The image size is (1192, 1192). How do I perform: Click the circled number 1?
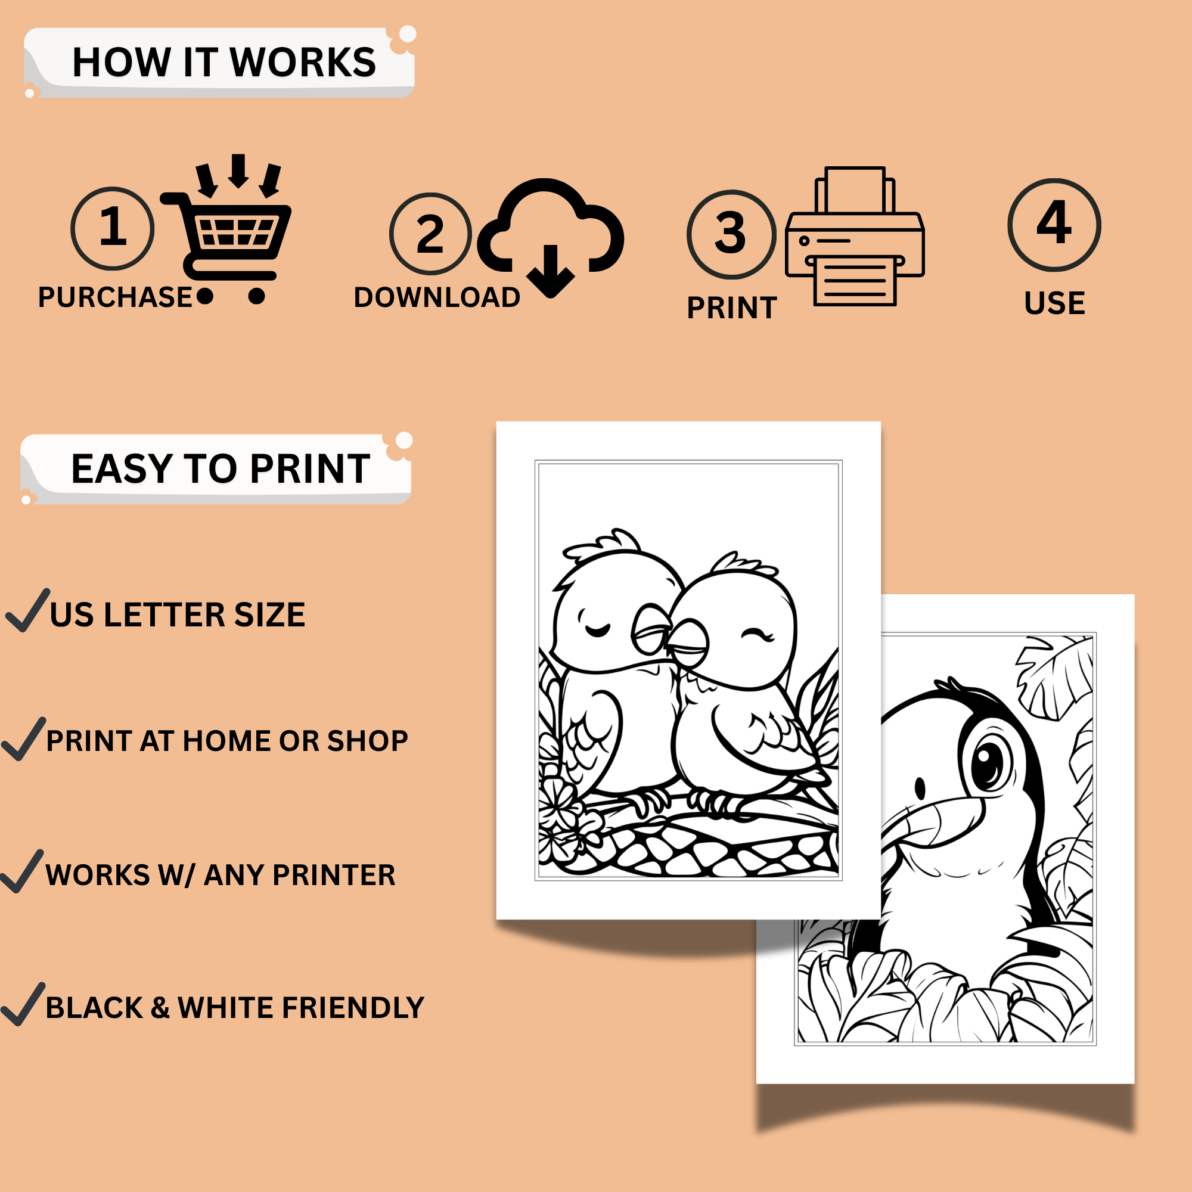[112, 228]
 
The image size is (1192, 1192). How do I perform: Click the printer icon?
[855, 235]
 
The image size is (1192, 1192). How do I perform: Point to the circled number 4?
[1054, 225]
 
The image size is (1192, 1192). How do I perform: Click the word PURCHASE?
[115, 297]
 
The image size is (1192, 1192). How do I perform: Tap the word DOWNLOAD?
[437, 297]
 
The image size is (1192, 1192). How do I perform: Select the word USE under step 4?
[1054, 303]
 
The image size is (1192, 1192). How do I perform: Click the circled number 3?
[731, 234]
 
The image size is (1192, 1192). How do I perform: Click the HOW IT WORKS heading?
[224, 63]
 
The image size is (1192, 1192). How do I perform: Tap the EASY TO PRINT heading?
[221, 469]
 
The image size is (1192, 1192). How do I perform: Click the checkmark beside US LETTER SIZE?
[27, 611]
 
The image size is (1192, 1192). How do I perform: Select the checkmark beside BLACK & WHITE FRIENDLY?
[23, 1004]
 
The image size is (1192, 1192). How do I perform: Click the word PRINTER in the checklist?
[334, 875]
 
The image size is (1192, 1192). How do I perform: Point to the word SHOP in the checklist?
[367, 741]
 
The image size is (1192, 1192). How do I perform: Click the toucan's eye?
[991, 759]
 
